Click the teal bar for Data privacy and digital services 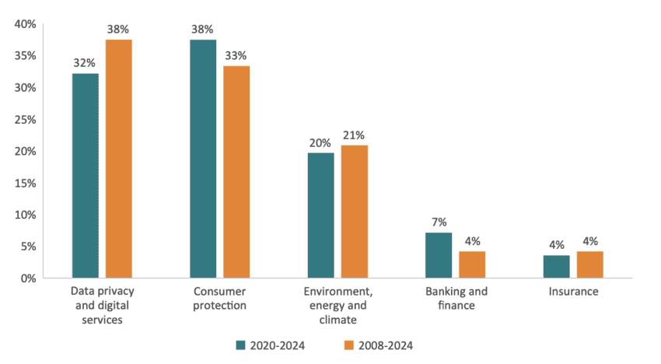(x=85, y=175)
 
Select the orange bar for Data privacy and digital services (x=118, y=159)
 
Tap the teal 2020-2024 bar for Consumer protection (x=203, y=159)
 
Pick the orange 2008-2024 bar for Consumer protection (x=236, y=172)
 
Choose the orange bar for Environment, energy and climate (x=354, y=212)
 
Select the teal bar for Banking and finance (x=439, y=255)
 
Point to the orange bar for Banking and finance (x=472, y=264)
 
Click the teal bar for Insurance (x=557, y=266)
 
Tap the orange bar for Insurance (x=590, y=264)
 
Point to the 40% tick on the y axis (x=26, y=25)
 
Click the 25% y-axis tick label (x=26, y=120)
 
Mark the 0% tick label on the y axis (x=29, y=278)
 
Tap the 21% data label (x=354, y=135)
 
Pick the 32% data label (x=85, y=62)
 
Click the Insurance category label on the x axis (x=573, y=292)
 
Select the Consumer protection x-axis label (x=219, y=299)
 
